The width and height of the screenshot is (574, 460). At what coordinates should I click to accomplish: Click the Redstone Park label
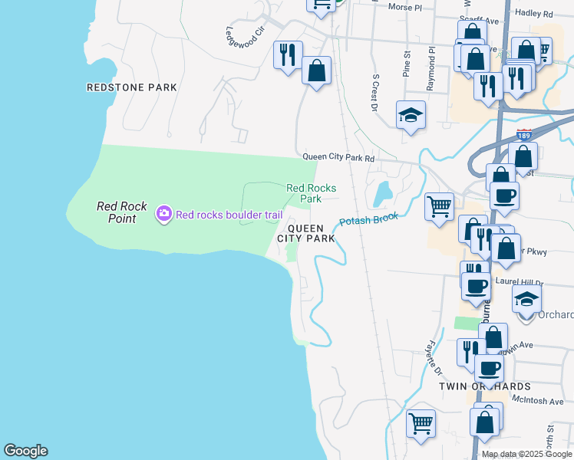[x=132, y=87]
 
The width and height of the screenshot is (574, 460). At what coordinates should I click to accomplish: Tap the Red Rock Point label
[x=117, y=212]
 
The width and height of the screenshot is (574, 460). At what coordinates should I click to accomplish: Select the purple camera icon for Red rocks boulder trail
[x=163, y=214]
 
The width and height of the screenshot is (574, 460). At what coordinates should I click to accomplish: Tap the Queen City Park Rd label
[x=338, y=158]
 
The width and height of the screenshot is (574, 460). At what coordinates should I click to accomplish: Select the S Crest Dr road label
[x=376, y=93]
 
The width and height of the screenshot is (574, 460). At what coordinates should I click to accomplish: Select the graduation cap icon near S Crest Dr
[x=411, y=115]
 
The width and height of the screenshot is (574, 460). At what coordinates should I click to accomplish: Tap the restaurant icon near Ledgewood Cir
[x=288, y=54]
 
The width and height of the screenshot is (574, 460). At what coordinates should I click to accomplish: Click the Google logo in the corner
[x=25, y=451]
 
